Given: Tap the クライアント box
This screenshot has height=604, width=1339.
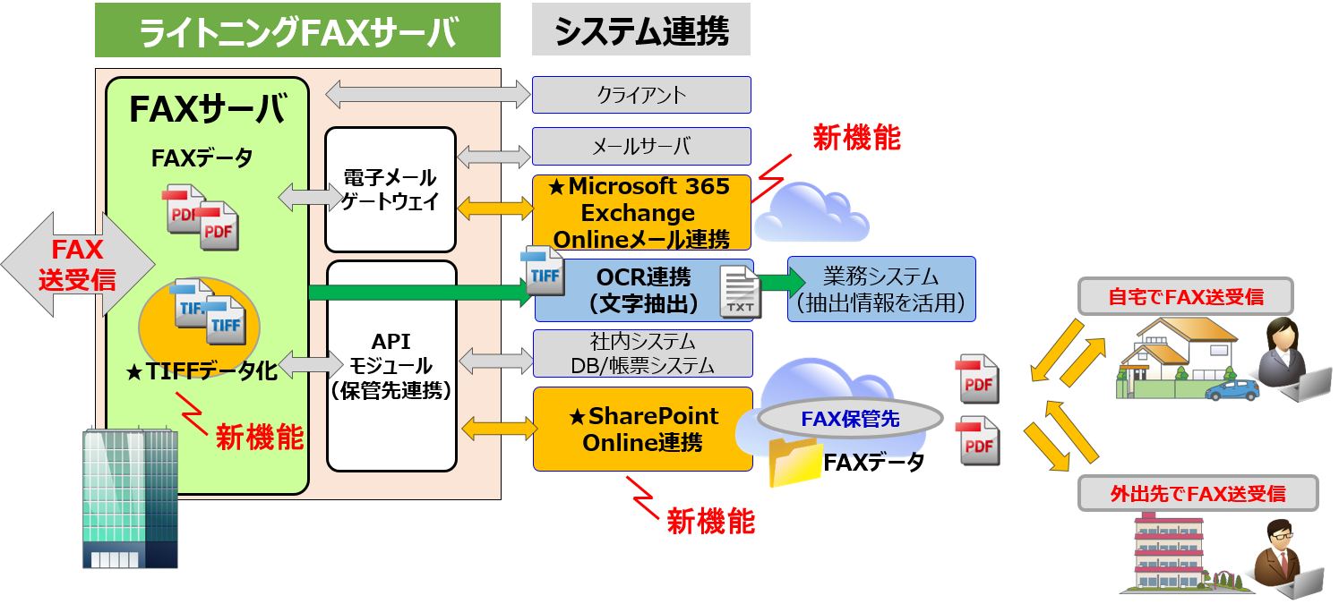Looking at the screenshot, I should click(x=641, y=95).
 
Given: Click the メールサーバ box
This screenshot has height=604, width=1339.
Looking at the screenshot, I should click(x=641, y=147).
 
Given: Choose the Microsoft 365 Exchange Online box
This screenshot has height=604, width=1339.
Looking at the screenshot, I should click(x=641, y=213).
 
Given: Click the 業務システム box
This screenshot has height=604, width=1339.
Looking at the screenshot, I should click(x=881, y=290).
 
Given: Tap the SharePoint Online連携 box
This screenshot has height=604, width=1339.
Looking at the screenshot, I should click(x=643, y=429).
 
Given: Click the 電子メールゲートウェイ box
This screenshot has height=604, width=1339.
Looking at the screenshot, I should click(x=391, y=190).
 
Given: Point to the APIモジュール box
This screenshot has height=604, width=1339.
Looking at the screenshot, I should click(x=391, y=365).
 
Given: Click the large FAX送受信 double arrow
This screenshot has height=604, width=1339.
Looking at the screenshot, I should click(x=77, y=264).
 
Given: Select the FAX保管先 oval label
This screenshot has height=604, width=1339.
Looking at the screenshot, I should click(x=850, y=418).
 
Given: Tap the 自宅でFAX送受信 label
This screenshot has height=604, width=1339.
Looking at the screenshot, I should click(x=1186, y=296).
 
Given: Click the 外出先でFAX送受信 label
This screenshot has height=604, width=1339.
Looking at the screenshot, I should click(x=1197, y=494).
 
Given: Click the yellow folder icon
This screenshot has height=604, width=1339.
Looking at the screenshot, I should click(x=794, y=462).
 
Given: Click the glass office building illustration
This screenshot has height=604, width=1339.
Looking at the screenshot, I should click(x=129, y=498).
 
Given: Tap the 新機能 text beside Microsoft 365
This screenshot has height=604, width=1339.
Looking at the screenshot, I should click(x=855, y=138).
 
